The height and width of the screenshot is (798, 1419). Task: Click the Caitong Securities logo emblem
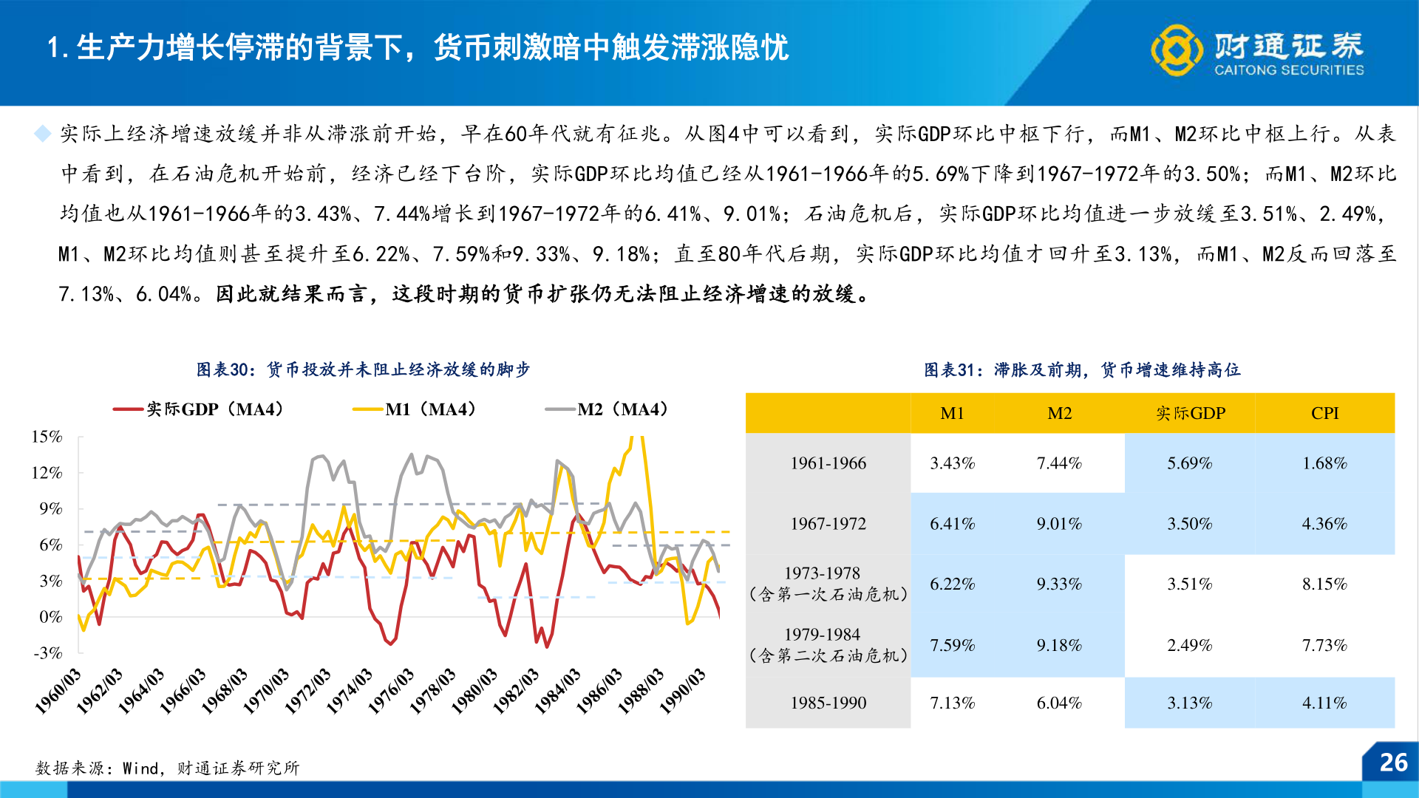tap(1176, 50)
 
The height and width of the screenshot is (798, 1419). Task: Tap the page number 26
tap(1393, 763)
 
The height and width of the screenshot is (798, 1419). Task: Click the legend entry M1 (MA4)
tap(415, 409)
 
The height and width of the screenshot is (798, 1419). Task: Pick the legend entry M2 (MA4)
tap(608, 409)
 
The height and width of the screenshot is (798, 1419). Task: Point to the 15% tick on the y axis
tap(47, 437)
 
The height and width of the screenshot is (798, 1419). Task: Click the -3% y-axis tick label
tap(48, 652)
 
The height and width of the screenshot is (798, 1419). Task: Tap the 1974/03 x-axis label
tap(350, 691)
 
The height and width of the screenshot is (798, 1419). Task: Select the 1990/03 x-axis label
tap(682, 691)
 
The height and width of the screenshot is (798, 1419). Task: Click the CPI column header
tap(1324, 413)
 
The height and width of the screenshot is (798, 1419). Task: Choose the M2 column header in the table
tap(1059, 413)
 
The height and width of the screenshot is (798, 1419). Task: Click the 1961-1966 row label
tap(828, 463)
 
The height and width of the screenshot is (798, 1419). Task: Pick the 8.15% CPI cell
tap(1324, 584)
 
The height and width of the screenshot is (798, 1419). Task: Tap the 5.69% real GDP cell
tap(1189, 463)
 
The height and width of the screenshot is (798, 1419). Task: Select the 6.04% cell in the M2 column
tap(1059, 703)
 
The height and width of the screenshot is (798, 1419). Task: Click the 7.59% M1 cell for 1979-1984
tap(952, 645)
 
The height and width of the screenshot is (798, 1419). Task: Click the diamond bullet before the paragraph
tap(43, 134)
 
